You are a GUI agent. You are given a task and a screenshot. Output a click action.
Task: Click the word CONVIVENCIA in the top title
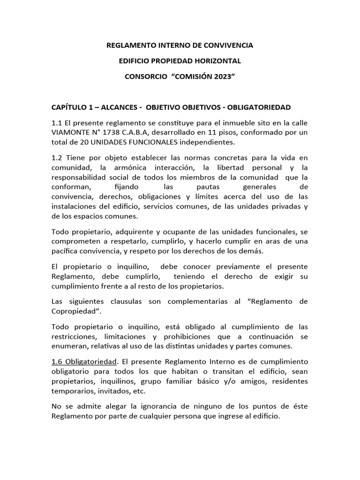pyautogui.click(x=226, y=45)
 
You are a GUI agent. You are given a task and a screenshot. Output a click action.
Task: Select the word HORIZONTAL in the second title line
pyautogui.click(x=217, y=61)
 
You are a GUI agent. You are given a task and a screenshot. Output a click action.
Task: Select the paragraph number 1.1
pyautogui.click(x=57, y=122)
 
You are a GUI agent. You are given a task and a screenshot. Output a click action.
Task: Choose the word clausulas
pyautogui.click(x=125, y=301)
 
